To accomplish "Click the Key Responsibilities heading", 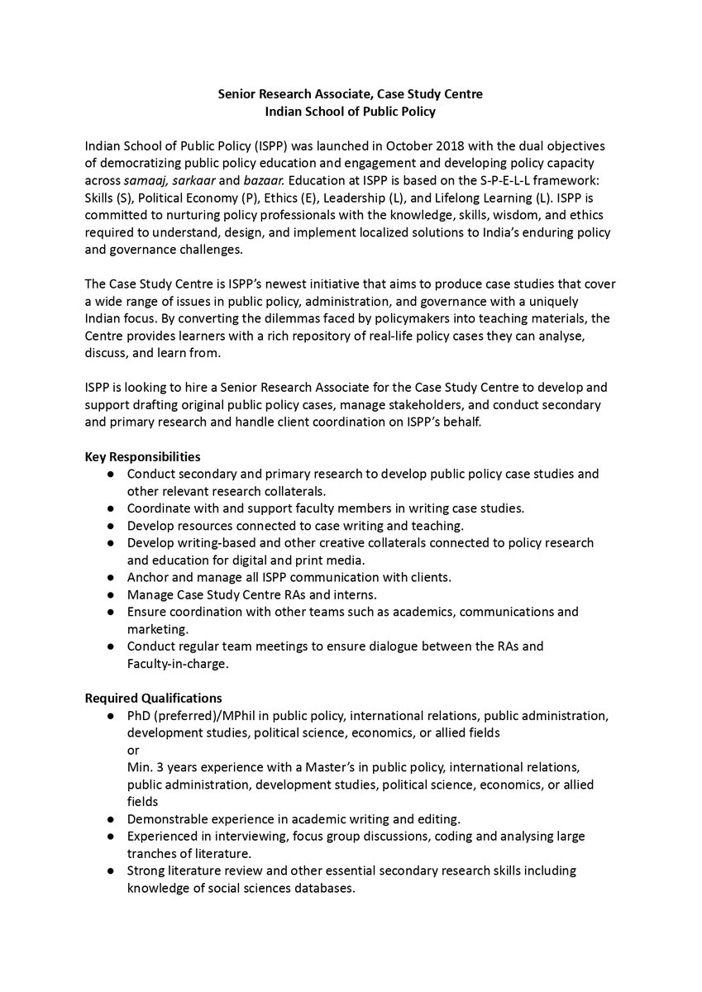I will [x=142, y=456].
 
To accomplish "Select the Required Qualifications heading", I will [x=153, y=699].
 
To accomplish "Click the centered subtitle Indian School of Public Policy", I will [x=350, y=111].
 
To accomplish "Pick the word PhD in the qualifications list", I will [x=139, y=715].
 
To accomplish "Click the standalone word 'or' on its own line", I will [x=133, y=749].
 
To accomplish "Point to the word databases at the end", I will [x=318, y=889].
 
